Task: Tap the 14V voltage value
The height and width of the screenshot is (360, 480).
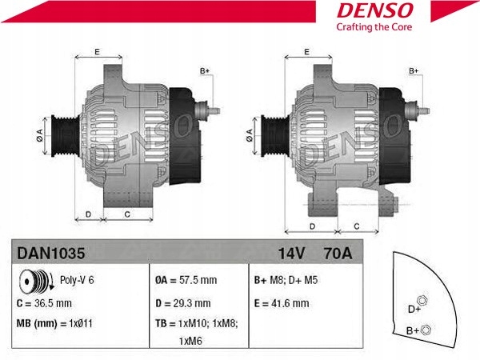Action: point(291,254)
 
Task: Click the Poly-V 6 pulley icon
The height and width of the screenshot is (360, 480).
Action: point(34,282)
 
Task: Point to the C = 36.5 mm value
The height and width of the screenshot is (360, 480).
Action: point(45,303)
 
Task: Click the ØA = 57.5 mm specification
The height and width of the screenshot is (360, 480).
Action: point(184,282)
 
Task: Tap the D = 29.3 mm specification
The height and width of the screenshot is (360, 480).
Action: point(182,303)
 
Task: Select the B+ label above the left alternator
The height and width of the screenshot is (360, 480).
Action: point(204,70)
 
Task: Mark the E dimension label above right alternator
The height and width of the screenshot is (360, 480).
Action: point(307,53)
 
